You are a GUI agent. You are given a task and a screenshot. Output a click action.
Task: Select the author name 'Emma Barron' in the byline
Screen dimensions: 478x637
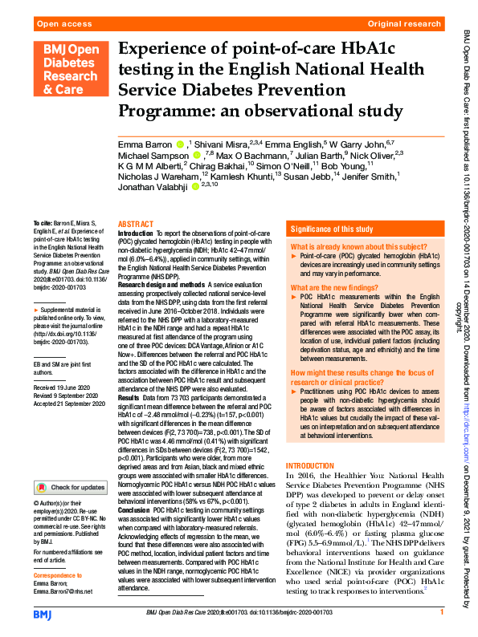[x=144, y=145]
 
